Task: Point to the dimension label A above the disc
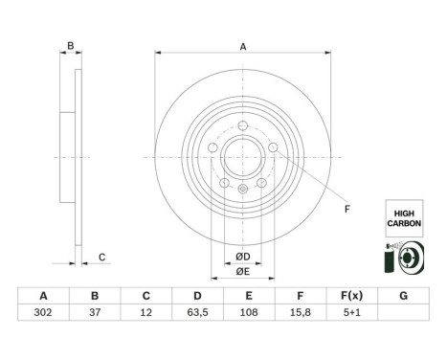[243, 46]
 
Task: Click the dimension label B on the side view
[70, 45]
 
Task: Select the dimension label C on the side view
[101, 256]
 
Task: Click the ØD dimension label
[244, 256]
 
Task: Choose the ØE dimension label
[244, 271]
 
